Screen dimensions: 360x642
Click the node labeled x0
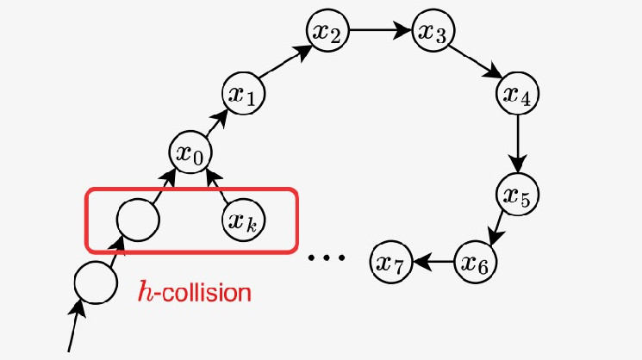(189, 154)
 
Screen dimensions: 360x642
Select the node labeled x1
(243, 94)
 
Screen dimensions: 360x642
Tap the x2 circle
(327, 34)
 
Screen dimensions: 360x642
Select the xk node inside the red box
(246, 220)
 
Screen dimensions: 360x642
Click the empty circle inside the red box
(138, 220)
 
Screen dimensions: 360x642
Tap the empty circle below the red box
(94, 282)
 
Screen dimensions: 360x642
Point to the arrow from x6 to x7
(433, 260)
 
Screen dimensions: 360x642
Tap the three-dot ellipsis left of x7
(327, 258)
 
